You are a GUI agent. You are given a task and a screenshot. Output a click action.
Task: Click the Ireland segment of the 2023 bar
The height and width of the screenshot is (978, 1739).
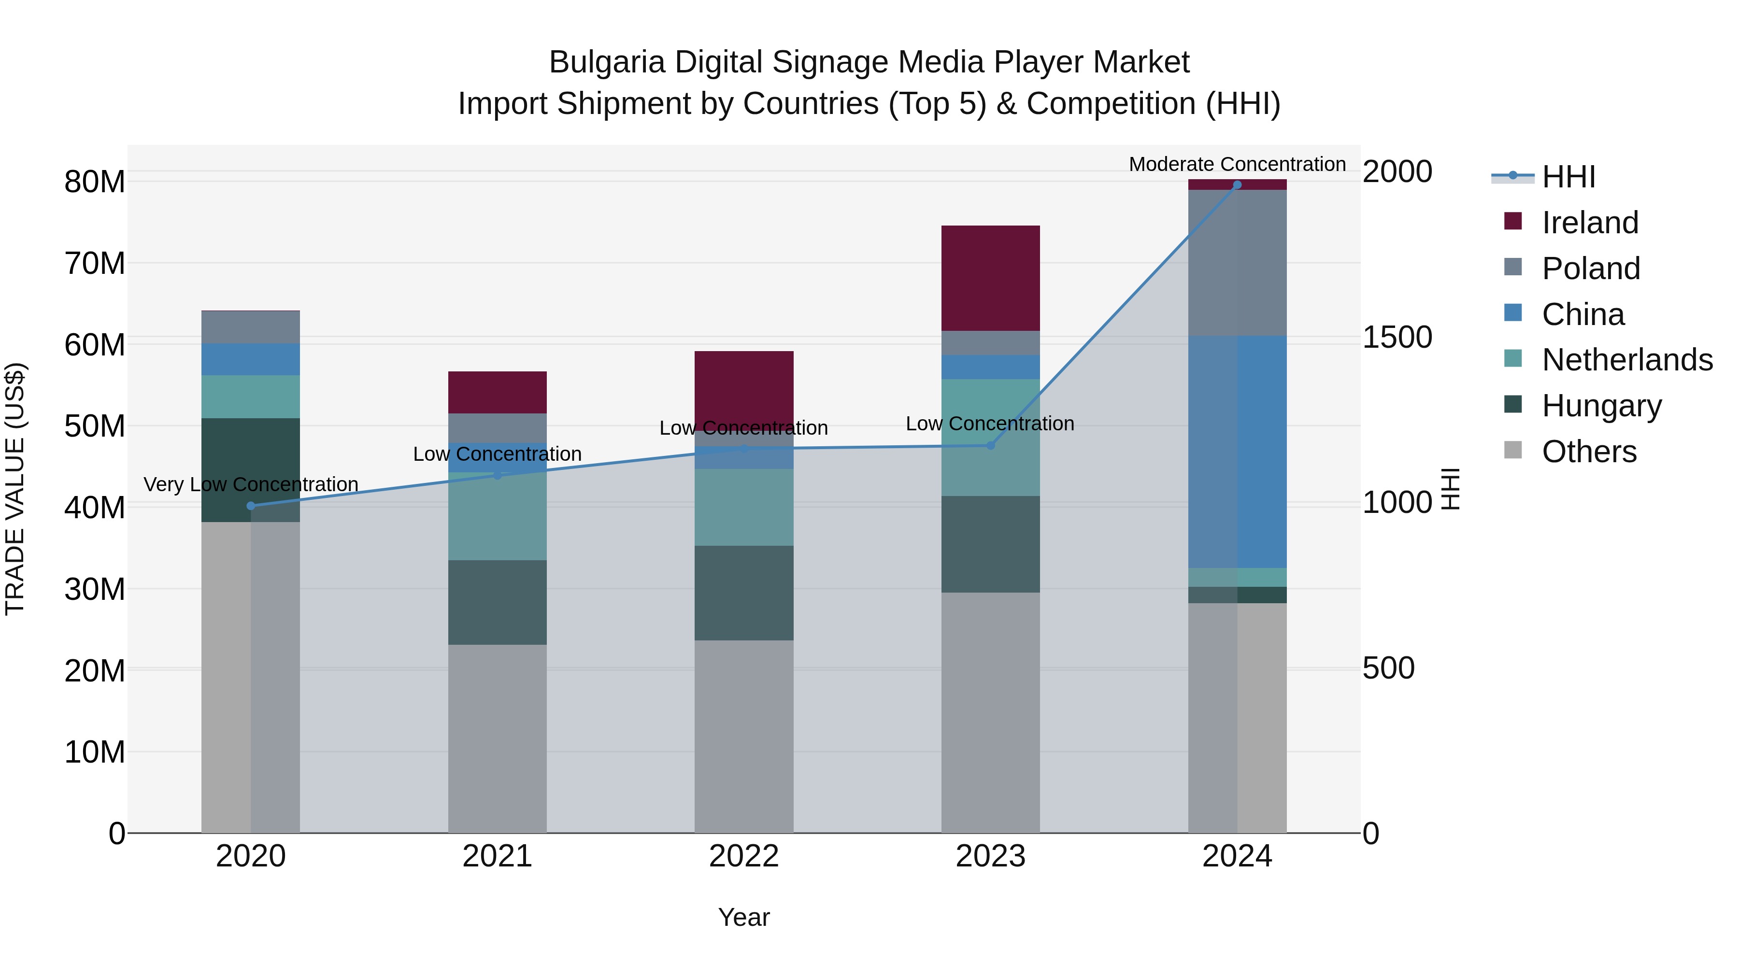point(990,278)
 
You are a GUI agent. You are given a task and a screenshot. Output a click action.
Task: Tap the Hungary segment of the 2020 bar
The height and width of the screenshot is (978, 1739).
point(250,470)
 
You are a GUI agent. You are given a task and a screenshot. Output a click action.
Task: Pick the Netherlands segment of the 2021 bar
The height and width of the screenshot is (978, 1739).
point(497,516)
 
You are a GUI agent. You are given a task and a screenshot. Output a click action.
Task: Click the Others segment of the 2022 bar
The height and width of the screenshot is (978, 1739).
point(744,736)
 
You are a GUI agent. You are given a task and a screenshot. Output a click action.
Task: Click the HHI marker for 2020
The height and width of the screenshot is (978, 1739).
point(250,506)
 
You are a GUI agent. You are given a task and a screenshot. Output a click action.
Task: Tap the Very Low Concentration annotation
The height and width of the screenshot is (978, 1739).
point(250,484)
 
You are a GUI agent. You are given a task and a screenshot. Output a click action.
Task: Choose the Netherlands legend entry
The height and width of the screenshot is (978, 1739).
point(1627,360)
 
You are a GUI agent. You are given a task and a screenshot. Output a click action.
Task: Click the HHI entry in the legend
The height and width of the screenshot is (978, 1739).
point(1568,177)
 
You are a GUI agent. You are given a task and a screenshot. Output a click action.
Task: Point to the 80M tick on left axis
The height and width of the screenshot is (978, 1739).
point(95,182)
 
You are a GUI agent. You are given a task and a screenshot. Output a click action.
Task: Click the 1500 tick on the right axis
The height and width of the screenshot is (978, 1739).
point(1397,337)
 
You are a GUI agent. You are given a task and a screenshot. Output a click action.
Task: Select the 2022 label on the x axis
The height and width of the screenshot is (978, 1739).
point(744,856)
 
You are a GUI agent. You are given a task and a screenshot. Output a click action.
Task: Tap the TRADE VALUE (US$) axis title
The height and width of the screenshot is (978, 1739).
point(15,489)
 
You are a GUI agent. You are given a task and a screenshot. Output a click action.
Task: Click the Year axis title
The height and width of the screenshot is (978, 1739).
point(744,917)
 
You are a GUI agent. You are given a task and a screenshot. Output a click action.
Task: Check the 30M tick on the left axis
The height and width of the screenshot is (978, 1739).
point(95,589)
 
